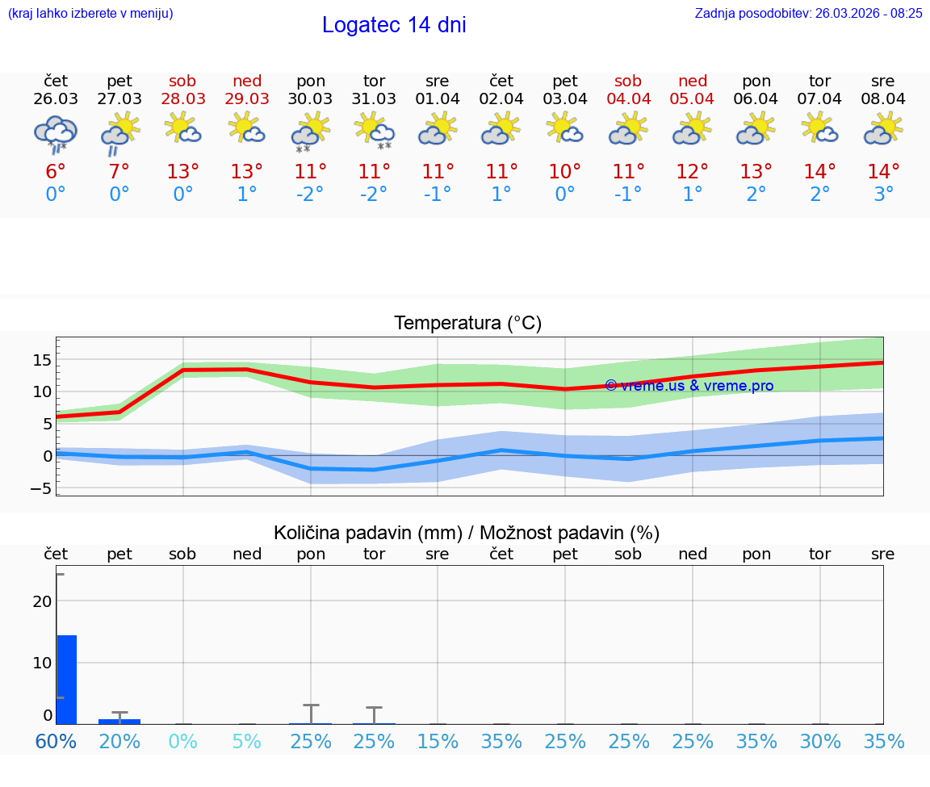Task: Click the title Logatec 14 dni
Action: (394, 25)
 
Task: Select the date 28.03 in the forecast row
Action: (182, 98)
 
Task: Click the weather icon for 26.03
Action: (55, 132)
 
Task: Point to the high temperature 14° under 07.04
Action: (819, 172)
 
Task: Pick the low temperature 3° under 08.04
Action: (883, 195)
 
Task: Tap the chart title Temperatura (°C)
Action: (467, 324)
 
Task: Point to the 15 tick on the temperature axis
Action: (42, 359)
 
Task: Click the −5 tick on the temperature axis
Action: (40, 488)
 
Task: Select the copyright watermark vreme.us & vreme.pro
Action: (689, 386)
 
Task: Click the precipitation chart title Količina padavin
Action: (466, 533)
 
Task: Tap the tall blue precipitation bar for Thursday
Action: (66, 679)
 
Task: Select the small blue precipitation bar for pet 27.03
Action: (119, 721)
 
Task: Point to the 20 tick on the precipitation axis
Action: (42, 601)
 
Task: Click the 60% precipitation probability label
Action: (56, 741)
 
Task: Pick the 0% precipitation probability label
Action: (182, 741)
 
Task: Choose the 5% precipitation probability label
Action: (246, 741)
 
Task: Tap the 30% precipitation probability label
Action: (819, 741)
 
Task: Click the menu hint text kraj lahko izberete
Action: (90, 14)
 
